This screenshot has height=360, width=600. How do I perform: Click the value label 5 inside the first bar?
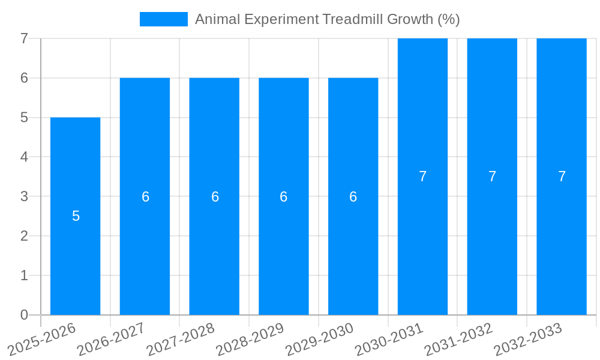point(76,216)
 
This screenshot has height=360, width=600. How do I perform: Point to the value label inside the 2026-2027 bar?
point(145,197)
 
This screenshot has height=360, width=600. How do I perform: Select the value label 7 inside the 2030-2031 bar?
point(422,176)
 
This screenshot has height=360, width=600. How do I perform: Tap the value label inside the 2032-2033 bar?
point(562,176)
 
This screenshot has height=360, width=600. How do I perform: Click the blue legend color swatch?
point(163,19)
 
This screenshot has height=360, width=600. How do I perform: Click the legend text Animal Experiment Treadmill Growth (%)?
point(327,19)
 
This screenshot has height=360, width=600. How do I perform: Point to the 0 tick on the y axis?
point(24,315)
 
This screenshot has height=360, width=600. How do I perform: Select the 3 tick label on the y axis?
point(24,196)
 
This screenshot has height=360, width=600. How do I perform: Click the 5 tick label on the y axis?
point(24,118)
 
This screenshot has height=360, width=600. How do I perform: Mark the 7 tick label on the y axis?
point(24,38)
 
